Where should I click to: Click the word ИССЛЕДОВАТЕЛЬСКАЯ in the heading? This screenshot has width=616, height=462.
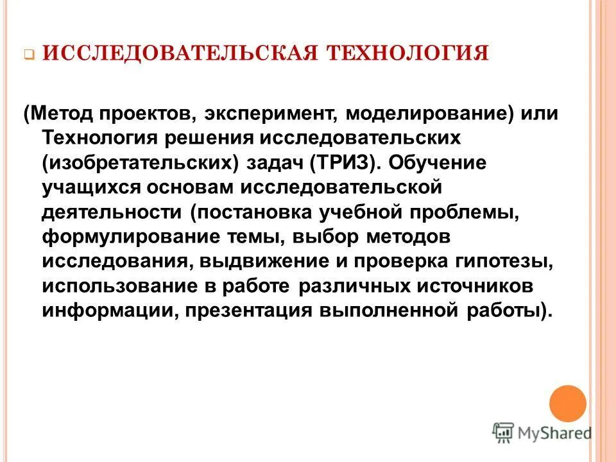[x=181, y=52]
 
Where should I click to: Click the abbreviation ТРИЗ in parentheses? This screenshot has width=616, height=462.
[x=345, y=163]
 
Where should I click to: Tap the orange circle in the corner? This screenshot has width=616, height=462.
[x=568, y=404]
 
